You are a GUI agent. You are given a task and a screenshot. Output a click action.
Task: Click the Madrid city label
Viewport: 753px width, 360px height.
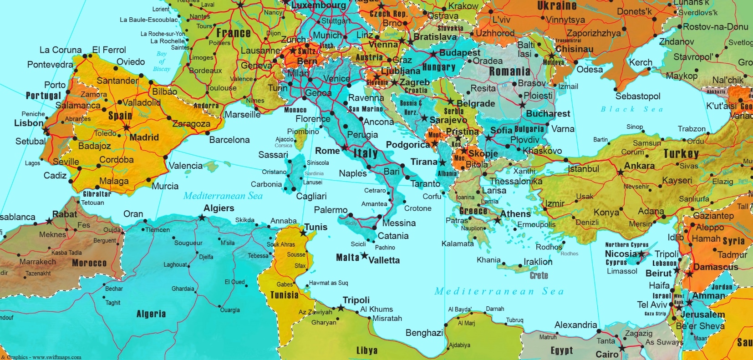click(144, 137)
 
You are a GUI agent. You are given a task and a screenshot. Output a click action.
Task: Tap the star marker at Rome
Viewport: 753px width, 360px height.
click(345, 148)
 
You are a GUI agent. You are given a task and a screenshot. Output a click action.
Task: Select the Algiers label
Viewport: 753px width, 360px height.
click(219, 208)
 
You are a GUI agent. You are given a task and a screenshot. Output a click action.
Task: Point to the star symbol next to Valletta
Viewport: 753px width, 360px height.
click(364, 256)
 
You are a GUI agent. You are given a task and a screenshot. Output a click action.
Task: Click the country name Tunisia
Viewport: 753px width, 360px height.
click(284, 295)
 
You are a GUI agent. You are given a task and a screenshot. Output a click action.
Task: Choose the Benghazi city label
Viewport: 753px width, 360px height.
click(424, 333)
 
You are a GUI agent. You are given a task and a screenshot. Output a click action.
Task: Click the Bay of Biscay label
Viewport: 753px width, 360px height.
click(162, 61)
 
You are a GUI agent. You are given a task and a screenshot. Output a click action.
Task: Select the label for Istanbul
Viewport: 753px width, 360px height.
click(583, 169)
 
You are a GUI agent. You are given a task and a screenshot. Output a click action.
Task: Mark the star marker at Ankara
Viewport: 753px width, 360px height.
click(620, 172)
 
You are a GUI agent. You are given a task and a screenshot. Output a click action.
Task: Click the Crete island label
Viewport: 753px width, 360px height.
click(539, 275)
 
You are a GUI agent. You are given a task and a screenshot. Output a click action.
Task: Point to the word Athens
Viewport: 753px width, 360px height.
click(515, 213)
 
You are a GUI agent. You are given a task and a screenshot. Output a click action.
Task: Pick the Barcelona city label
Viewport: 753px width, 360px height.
click(229, 140)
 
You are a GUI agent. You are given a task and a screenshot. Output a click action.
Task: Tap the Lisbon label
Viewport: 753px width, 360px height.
click(29, 123)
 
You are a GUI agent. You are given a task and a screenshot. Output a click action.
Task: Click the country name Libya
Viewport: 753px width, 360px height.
click(366, 350)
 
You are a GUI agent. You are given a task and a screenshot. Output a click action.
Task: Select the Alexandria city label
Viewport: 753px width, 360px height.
click(575, 325)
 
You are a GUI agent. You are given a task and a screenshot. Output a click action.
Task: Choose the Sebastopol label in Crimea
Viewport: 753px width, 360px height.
click(637, 96)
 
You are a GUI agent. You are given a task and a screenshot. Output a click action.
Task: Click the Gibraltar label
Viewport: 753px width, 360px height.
click(97, 194)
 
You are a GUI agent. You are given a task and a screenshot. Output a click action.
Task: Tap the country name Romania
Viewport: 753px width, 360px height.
click(509, 71)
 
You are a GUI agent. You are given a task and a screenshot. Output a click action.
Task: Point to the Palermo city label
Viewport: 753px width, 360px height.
click(331, 210)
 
